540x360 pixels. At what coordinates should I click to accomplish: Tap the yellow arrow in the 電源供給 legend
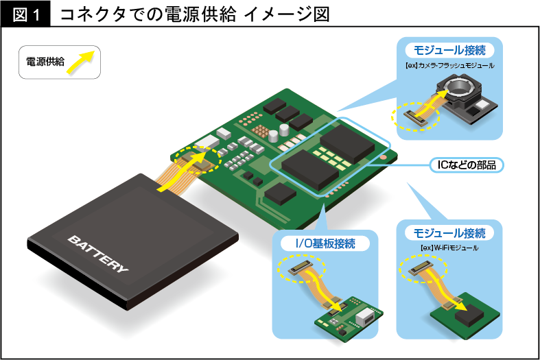[x=83, y=61]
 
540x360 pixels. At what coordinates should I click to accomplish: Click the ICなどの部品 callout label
[x=466, y=165]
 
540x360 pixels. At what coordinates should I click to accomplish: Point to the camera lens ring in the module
[x=458, y=88]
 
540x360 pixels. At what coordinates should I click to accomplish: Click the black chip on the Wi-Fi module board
[x=468, y=315]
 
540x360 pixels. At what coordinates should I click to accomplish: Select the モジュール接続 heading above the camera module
[x=450, y=50]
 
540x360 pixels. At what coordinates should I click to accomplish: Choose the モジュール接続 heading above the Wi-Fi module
[x=449, y=233]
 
